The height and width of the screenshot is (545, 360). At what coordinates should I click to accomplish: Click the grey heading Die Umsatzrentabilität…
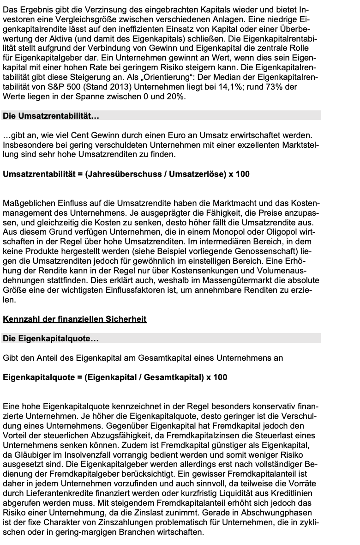[51, 117]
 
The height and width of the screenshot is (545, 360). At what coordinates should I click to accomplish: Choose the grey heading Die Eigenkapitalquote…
[51, 339]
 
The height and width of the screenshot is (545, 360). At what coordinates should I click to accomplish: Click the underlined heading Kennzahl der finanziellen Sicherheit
[74, 319]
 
